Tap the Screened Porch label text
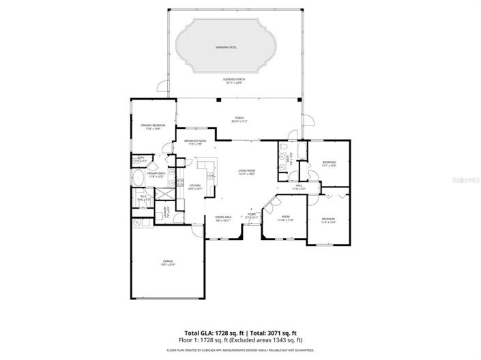(x=234, y=80)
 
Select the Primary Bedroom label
(x=154, y=126)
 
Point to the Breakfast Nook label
(x=194, y=142)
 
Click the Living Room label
(x=246, y=172)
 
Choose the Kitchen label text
(x=194, y=187)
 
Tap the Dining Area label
(x=224, y=218)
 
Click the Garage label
(x=168, y=262)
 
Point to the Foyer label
(x=252, y=215)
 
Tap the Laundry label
(x=165, y=214)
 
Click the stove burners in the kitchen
(x=179, y=182)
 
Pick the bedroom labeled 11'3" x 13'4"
(x=329, y=220)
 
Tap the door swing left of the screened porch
(x=162, y=87)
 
